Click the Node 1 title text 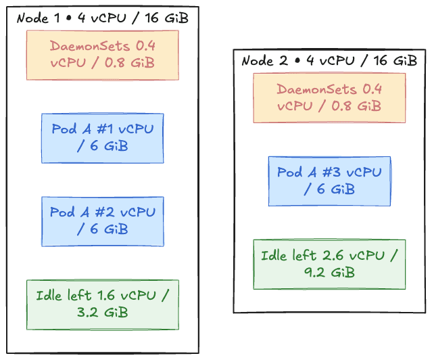(x=102, y=18)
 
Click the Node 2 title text (x=329, y=61)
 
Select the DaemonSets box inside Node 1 (x=102, y=55)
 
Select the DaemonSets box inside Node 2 (x=329, y=97)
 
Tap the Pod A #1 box (x=102, y=138)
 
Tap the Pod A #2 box (x=102, y=221)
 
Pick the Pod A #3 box (x=329, y=181)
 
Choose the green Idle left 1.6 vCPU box (x=102, y=305)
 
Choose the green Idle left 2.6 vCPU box (x=329, y=264)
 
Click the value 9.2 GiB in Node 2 (x=329, y=273)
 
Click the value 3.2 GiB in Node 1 (x=102, y=313)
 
